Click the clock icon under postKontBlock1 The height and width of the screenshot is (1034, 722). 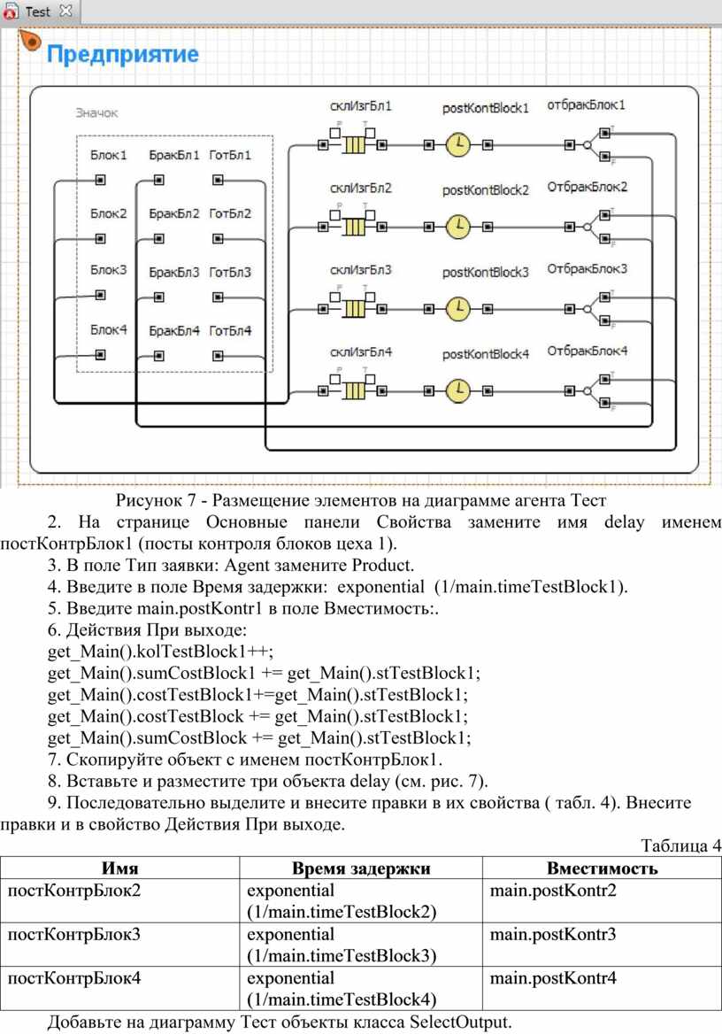click(458, 144)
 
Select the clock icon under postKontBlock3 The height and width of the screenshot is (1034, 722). click(458, 309)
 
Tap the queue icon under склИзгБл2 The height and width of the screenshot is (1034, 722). click(354, 227)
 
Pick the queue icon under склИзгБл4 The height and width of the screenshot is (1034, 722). click(354, 391)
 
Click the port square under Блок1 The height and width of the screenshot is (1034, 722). click(100, 180)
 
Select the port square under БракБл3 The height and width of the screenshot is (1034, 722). click(159, 297)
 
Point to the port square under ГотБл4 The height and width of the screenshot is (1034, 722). click(219, 356)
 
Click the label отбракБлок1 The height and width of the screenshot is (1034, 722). click(586, 104)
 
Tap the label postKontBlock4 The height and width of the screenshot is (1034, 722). click(485, 354)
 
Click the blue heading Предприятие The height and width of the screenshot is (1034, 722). click(123, 53)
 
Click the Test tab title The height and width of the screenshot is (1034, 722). click(37, 12)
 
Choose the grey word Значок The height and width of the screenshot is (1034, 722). click(96, 112)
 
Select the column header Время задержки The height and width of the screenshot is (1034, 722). click(361, 868)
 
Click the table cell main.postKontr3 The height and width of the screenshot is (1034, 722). click(552, 934)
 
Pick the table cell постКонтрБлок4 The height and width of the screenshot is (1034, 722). click(73, 977)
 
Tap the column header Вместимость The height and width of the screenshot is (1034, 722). click(602, 868)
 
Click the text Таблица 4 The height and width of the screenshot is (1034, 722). click(680, 845)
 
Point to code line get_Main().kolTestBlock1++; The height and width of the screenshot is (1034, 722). click(160, 652)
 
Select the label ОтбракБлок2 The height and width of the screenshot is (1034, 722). click(587, 187)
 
